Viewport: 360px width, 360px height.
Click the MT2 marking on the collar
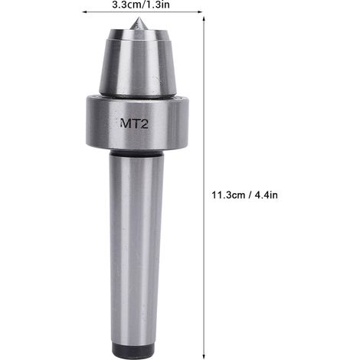coord(134,124)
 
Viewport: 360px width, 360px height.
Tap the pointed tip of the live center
coord(138,18)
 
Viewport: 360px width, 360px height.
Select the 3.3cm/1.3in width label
coord(141,5)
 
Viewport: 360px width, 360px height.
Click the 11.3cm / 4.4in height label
coord(244,195)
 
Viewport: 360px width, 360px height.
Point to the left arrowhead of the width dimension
coord(83,11)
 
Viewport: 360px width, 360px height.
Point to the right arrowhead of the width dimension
coord(200,11)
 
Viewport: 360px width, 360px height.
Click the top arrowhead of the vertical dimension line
coord(204,19)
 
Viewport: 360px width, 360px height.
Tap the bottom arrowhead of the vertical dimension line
coord(204,356)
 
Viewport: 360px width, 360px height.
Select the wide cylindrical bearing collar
coord(137,123)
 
